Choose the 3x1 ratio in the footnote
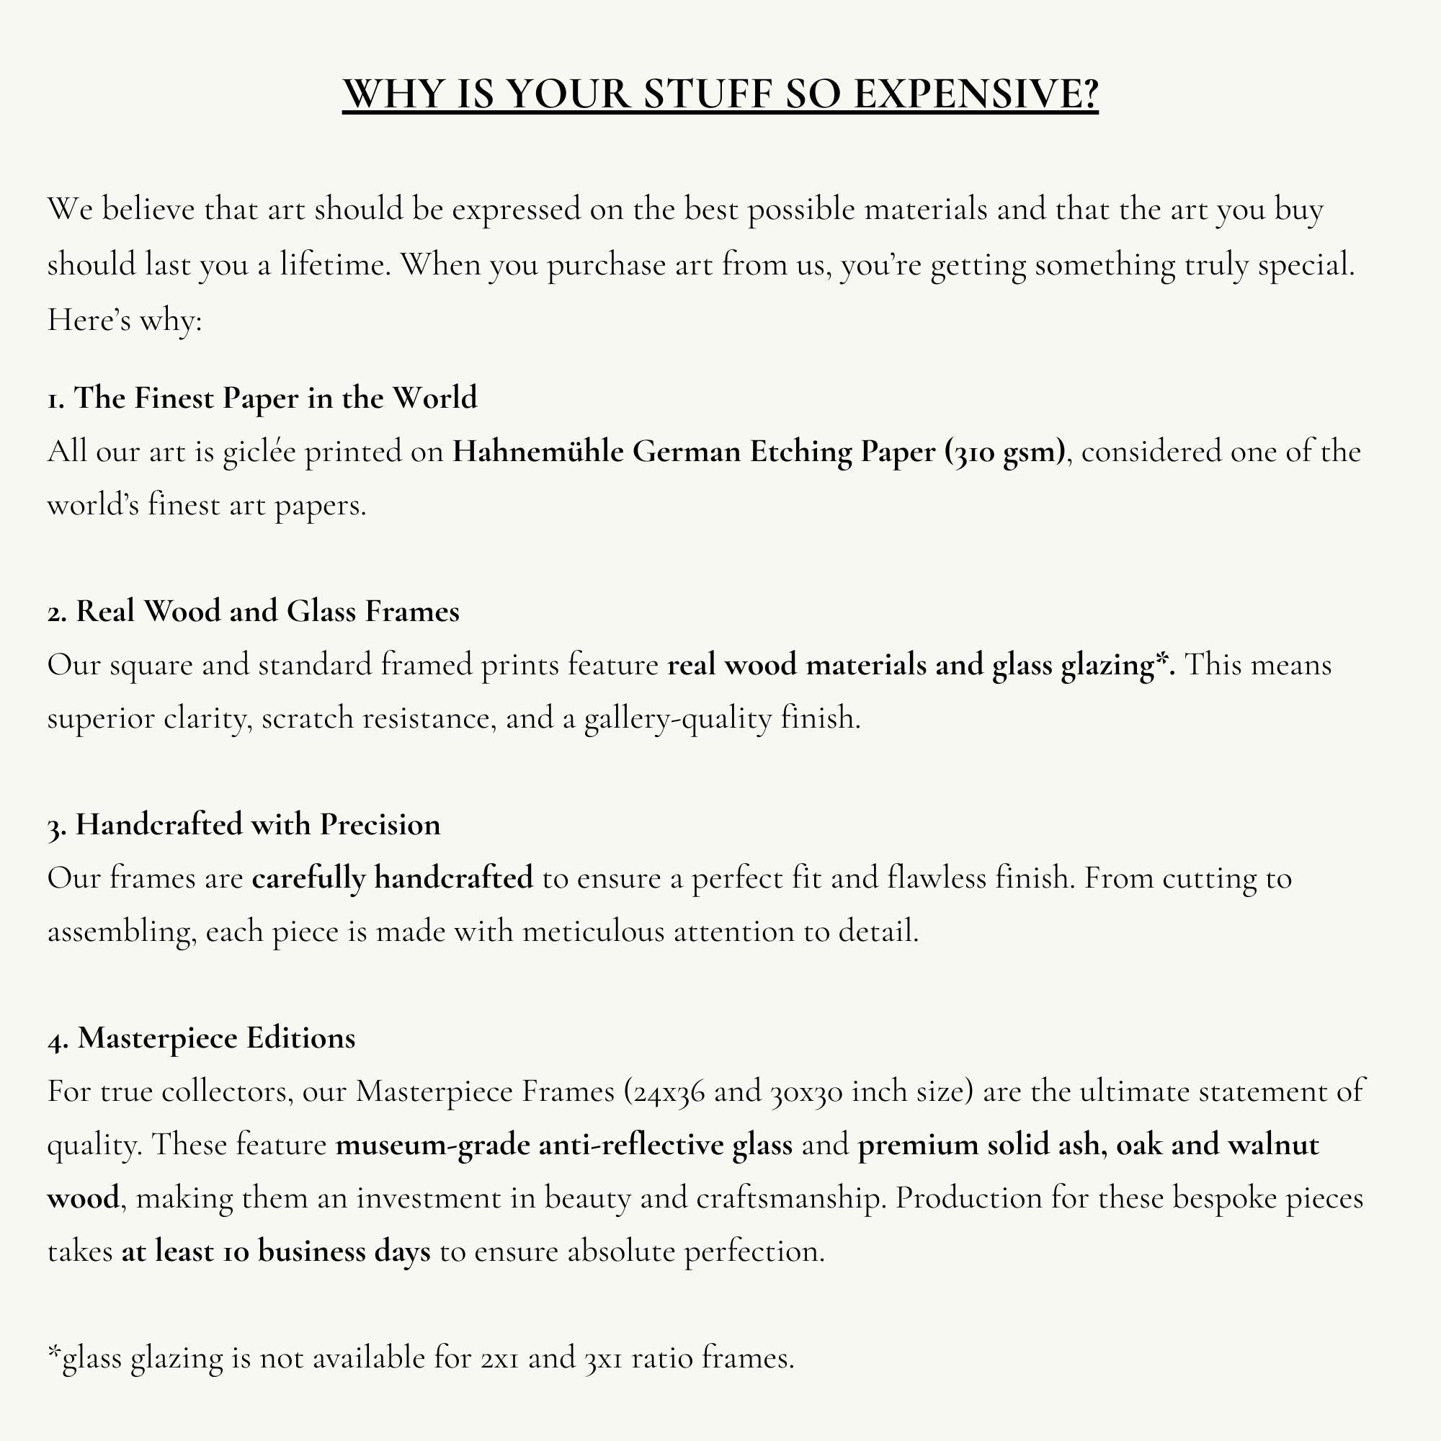[x=603, y=1358]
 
